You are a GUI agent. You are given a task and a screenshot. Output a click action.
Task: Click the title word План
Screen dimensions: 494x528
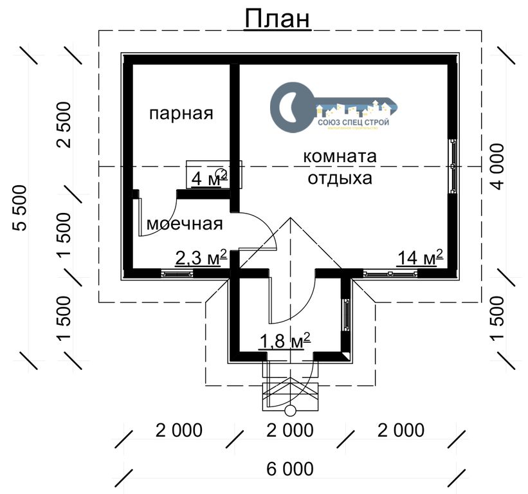(277, 19)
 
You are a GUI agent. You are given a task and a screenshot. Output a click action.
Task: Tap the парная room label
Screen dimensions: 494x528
(181, 114)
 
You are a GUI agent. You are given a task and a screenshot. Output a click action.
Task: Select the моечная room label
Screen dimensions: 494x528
(185, 224)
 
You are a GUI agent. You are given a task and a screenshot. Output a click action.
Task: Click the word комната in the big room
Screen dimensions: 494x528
(340, 157)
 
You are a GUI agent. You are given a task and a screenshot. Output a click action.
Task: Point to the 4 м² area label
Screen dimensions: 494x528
(209, 178)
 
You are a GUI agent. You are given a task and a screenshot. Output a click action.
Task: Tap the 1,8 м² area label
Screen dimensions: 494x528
(285, 341)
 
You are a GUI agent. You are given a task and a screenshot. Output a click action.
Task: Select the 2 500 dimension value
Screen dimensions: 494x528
(66, 124)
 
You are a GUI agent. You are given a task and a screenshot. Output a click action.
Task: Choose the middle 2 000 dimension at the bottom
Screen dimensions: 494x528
(289, 430)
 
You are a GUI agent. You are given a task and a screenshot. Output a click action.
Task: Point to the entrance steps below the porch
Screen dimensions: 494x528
(289, 395)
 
